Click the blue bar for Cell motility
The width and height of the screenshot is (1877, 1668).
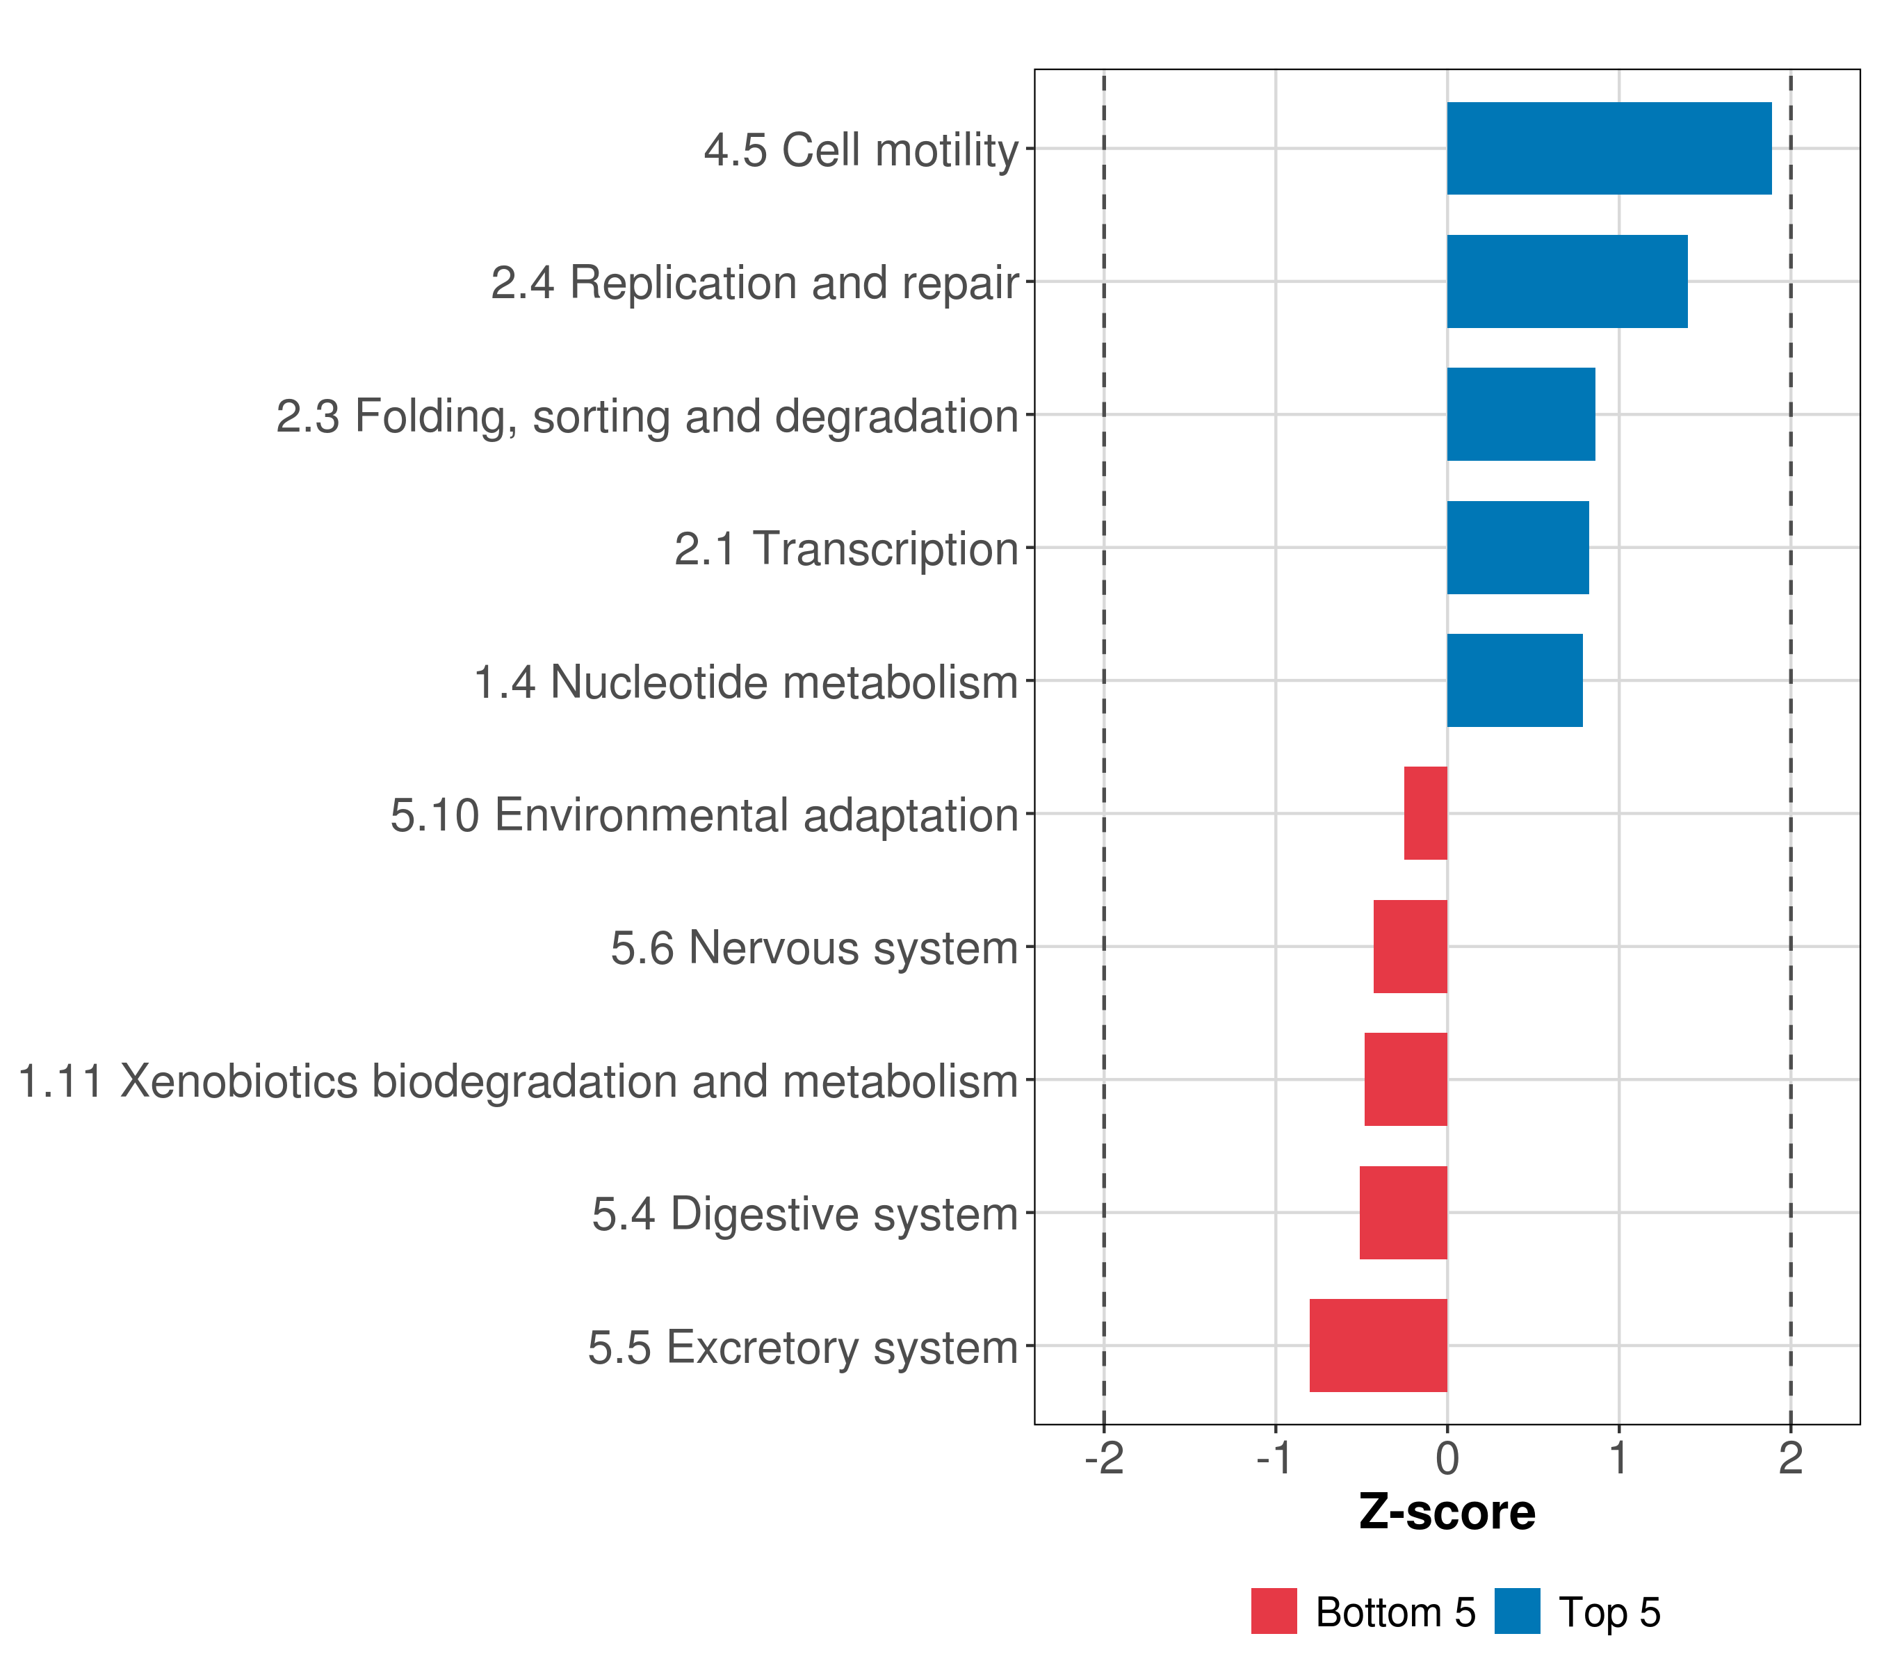[x=1608, y=149]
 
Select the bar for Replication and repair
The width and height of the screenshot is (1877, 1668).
[x=1567, y=282]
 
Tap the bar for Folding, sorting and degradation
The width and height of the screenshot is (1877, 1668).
[x=1520, y=414]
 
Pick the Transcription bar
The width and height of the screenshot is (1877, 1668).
[x=1517, y=548]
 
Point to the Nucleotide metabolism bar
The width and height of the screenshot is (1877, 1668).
[x=1514, y=680]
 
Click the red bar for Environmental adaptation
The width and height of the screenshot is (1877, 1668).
[x=1425, y=813]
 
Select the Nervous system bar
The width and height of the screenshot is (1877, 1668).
[x=1410, y=947]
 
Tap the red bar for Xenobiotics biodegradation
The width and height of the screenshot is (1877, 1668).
[x=1405, y=1079]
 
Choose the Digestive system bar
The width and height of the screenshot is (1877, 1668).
[x=1403, y=1213]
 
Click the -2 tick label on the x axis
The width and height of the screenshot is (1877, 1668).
[x=1104, y=1458]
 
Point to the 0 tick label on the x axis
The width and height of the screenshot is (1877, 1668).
[x=1447, y=1458]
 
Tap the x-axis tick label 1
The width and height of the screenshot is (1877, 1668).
[x=1618, y=1458]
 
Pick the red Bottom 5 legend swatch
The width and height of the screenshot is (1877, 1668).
[x=1274, y=1611]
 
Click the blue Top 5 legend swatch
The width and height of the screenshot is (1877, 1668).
[x=1517, y=1611]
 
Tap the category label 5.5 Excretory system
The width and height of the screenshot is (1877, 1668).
[x=803, y=1348]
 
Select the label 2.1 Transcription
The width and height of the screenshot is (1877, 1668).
[x=846, y=549]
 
